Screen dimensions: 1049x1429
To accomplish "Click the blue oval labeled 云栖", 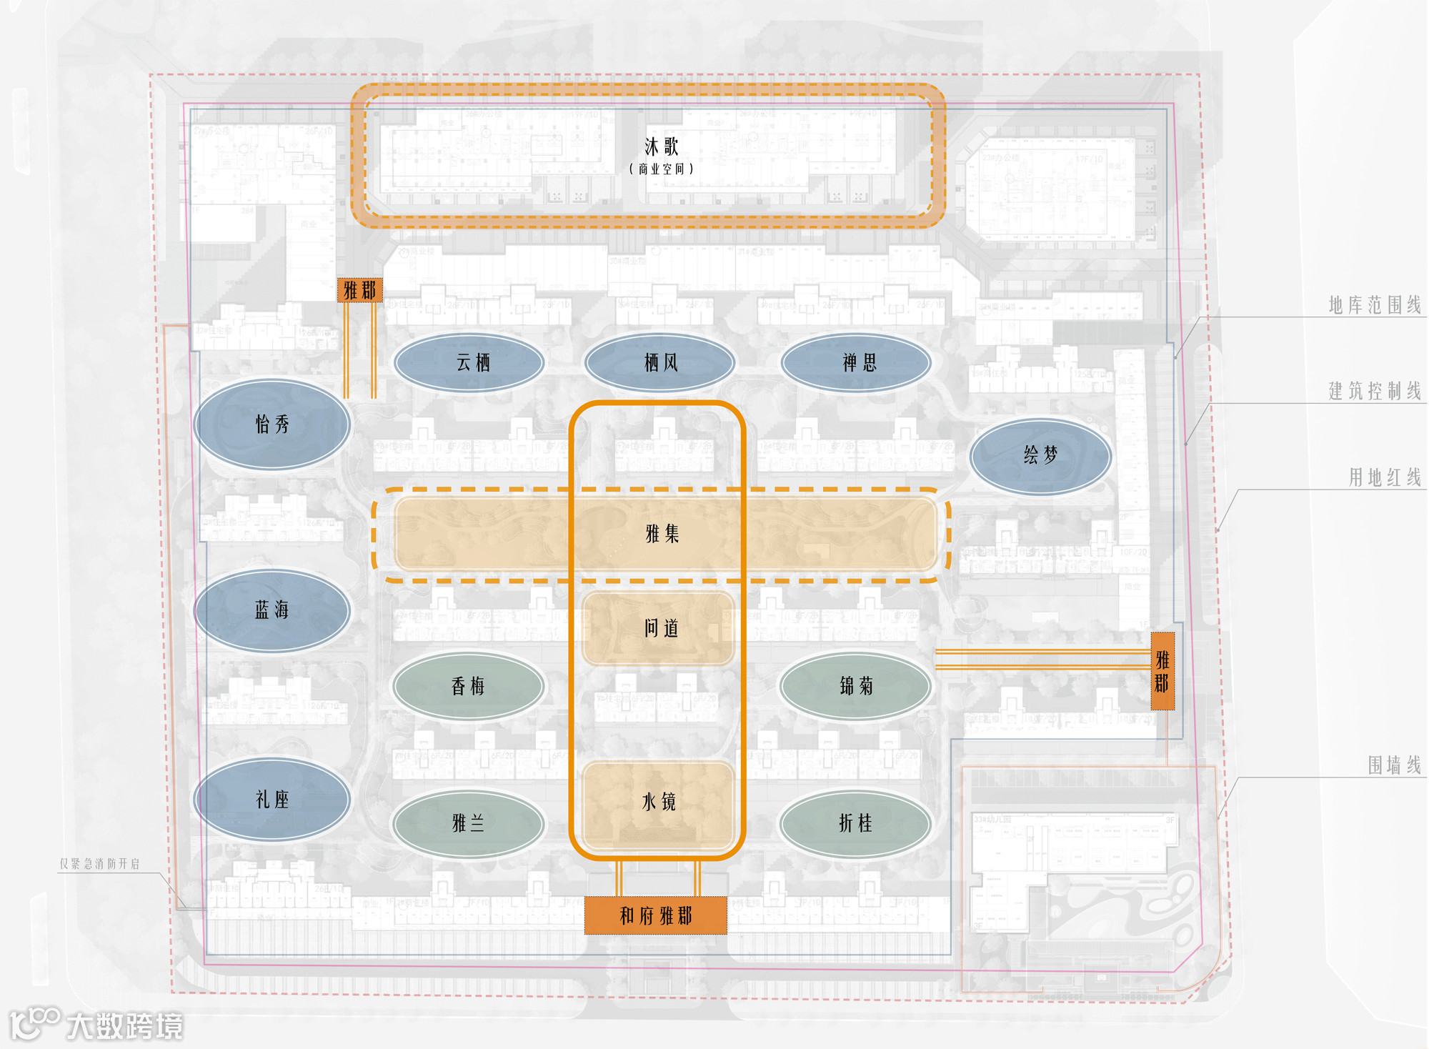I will (469, 363).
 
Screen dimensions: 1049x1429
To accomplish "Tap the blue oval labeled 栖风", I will (660, 363).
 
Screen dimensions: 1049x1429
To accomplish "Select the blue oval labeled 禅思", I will (857, 363).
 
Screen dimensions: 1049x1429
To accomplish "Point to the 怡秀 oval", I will (272, 424).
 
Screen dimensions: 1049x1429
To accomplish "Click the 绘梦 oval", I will (1040, 456).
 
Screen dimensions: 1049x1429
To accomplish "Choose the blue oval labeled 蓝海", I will (272, 610).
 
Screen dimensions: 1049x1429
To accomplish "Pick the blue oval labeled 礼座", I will (272, 800).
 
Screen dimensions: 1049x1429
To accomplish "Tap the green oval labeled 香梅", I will (468, 687).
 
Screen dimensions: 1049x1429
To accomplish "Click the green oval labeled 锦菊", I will (856, 687).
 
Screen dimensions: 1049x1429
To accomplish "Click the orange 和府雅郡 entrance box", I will (656, 915).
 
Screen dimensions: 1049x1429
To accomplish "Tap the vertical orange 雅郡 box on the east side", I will (1162, 671).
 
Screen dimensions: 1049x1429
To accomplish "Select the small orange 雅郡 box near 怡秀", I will (359, 290).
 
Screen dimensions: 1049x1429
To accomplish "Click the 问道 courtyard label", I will (661, 629).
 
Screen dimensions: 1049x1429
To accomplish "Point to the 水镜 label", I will (659, 802).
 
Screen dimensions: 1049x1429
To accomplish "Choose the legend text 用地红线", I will (1385, 477).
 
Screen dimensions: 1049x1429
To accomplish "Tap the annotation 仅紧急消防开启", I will (99, 864).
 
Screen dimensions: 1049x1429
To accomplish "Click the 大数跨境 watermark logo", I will (96, 1025).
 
